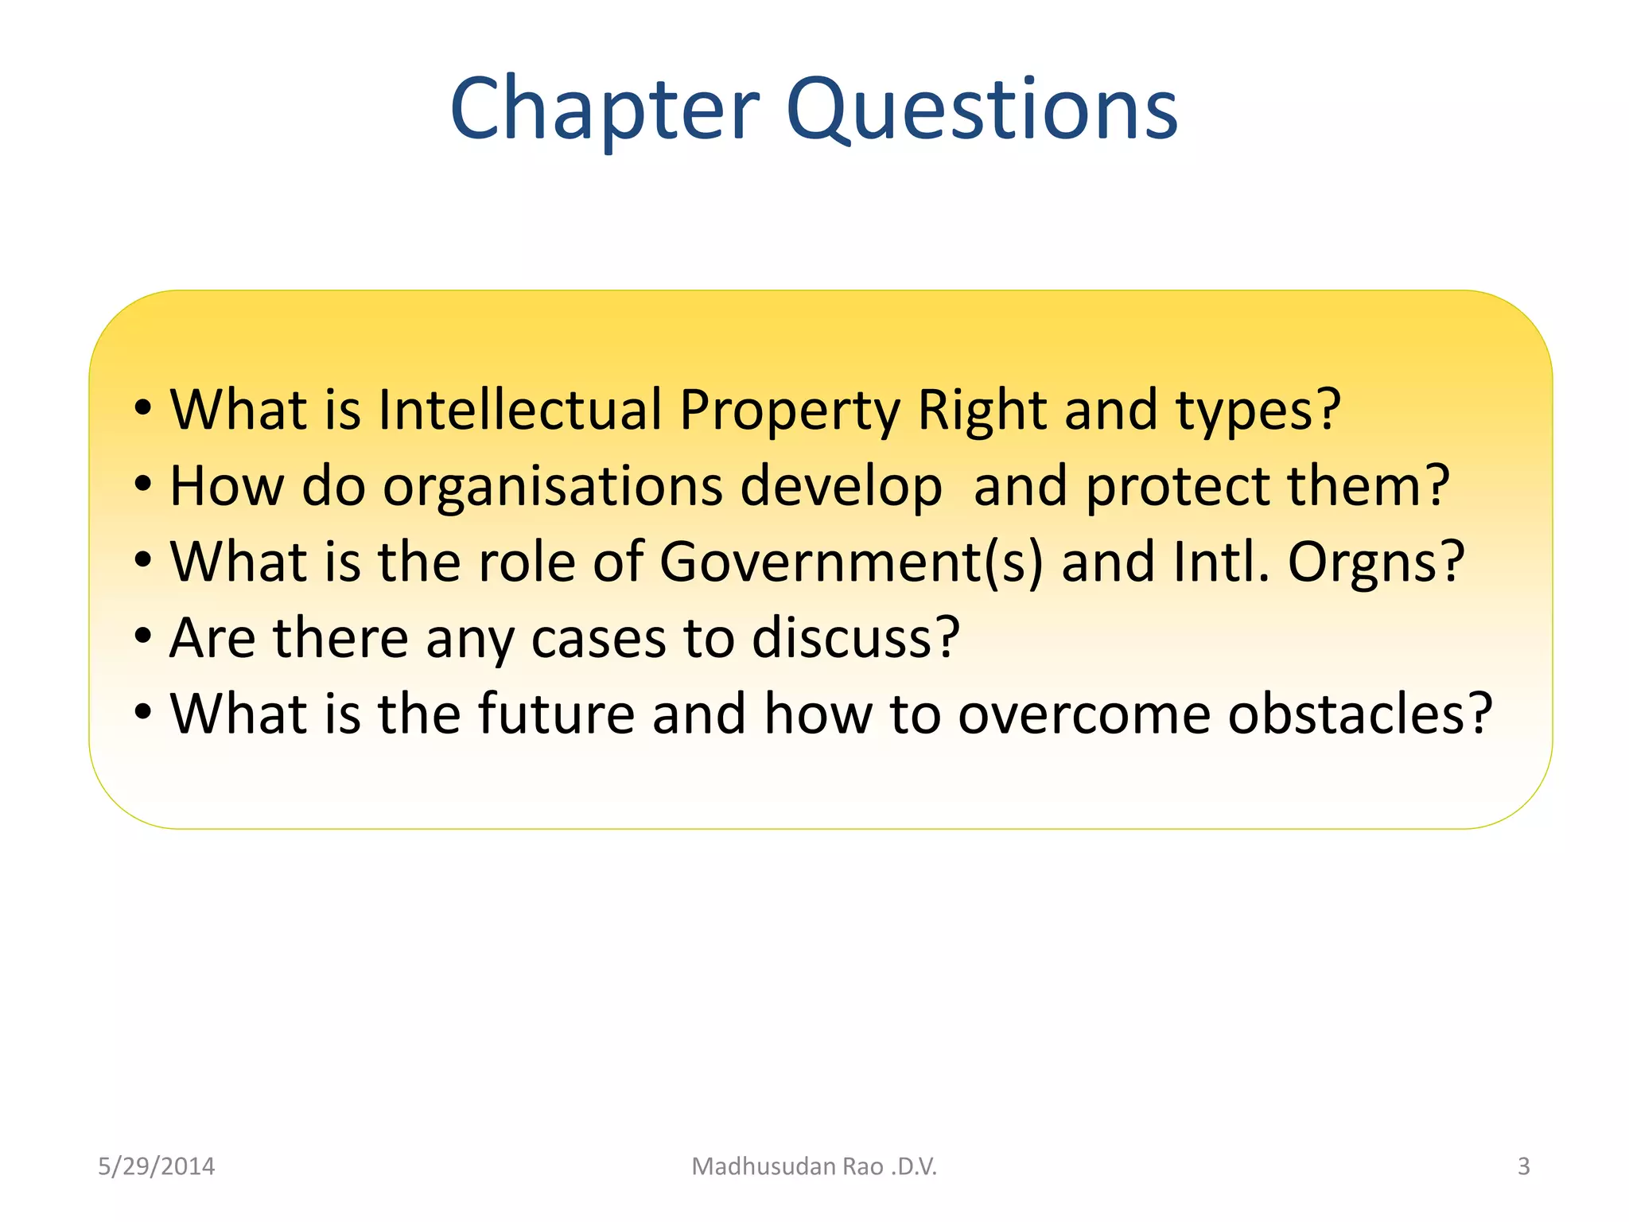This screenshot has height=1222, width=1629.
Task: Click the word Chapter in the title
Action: click(x=605, y=109)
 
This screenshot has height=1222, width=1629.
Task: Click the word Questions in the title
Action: click(x=982, y=109)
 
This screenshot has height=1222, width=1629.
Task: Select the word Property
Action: click(x=790, y=411)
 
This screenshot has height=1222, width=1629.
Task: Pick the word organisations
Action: click(x=553, y=487)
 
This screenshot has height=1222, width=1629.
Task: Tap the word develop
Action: click(x=841, y=487)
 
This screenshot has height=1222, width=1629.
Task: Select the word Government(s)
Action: click(x=850, y=562)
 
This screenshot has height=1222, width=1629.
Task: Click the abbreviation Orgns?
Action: click(x=1376, y=562)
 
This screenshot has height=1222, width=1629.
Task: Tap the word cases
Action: click(x=598, y=639)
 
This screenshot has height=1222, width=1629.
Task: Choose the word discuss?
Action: click(x=856, y=638)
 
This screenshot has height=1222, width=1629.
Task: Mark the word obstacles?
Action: click(x=1360, y=714)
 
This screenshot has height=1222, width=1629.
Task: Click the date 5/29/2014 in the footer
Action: click(x=156, y=1166)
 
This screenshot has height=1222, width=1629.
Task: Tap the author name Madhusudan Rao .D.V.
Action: click(x=814, y=1166)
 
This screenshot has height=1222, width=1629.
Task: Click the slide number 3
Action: click(x=1523, y=1166)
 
